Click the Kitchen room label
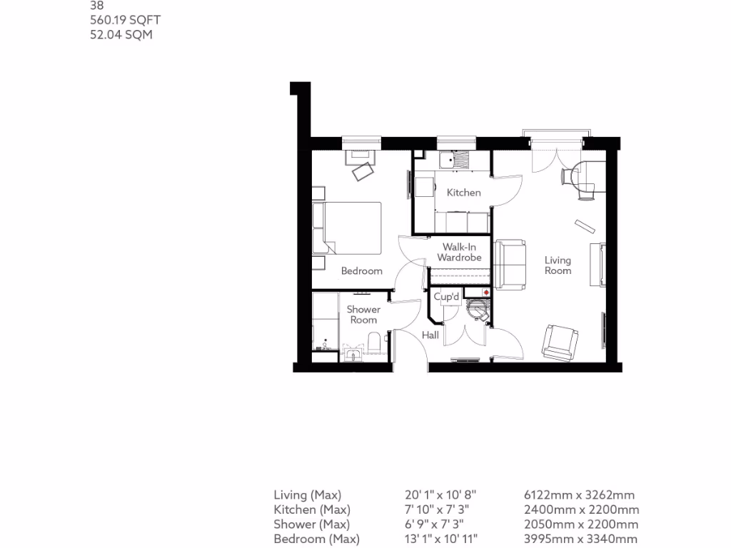[463, 193]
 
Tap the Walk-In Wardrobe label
[459, 252]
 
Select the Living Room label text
[558, 265]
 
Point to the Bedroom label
[361, 271]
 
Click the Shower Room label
[363, 315]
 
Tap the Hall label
[430, 335]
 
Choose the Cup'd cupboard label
[447, 296]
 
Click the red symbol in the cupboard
[486, 293]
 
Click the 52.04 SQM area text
[121, 34]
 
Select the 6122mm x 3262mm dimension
[579, 495]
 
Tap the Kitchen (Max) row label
[312, 509]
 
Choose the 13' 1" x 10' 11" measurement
[440, 539]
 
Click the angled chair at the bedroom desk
[363, 171]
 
